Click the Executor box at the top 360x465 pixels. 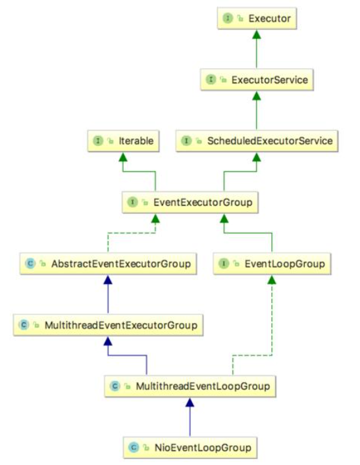click(257, 18)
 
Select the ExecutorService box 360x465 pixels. click(257, 80)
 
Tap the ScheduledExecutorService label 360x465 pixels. click(270, 141)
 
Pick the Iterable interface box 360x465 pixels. click(123, 141)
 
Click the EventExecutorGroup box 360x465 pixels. click(190, 203)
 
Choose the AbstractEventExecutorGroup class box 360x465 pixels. click(108, 264)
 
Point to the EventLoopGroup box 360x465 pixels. click(272, 264)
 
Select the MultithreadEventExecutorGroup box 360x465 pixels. click(108, 325)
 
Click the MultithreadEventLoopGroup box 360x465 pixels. click(190, 386)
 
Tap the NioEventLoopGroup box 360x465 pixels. click(190, 447)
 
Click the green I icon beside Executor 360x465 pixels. click(228, 18)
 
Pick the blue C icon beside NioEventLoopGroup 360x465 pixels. click(134, 447)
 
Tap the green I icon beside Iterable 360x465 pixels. click(98, 141)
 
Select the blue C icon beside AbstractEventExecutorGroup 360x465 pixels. click(30, 264)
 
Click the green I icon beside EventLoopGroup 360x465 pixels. click(224, 264)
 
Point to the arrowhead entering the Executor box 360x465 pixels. click(257, 34)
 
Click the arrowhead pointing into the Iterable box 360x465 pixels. click(123, 157)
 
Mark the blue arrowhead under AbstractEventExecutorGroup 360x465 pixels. click(108, 280)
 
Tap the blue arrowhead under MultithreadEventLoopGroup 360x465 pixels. click(190, 402)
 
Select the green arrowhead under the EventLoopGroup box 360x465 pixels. click(272, 280)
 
